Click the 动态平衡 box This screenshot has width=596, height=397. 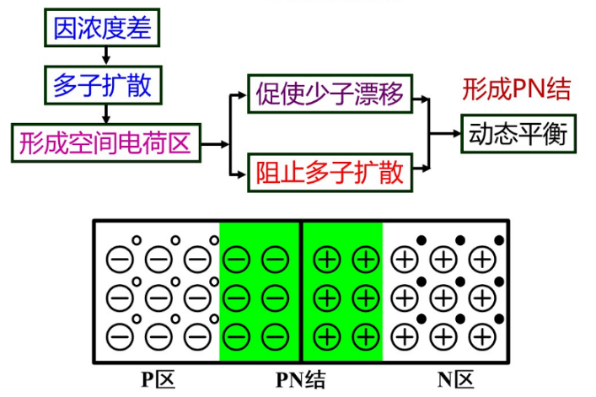click(x=518, y=133)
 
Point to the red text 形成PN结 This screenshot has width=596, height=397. click(x=517, y=88)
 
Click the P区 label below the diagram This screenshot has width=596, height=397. click(x=158, y=380)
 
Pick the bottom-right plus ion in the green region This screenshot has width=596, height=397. click(x=365, y=335)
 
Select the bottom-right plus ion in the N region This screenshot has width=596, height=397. click(x=482, y=335)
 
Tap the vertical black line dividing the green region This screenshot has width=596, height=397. click(x=301, y=295)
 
